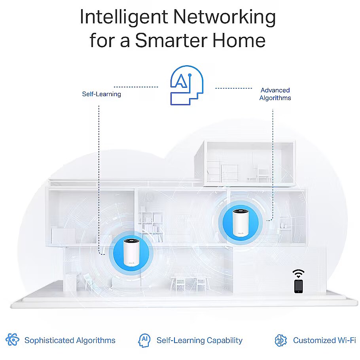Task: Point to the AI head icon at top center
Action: point(186,85)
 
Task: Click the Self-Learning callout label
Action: point(101,94)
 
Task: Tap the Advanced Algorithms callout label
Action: point(275,94)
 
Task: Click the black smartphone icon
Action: point(298,286)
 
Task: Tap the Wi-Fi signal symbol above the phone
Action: point(298,273)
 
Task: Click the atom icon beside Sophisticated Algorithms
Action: point(13,340)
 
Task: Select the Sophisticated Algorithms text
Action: point(70,340)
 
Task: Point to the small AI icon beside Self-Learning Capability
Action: point(144,340)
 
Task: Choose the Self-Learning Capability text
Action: point(199,340)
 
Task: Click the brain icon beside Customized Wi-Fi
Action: point(280,340)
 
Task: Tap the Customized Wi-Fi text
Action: point(324,340)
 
